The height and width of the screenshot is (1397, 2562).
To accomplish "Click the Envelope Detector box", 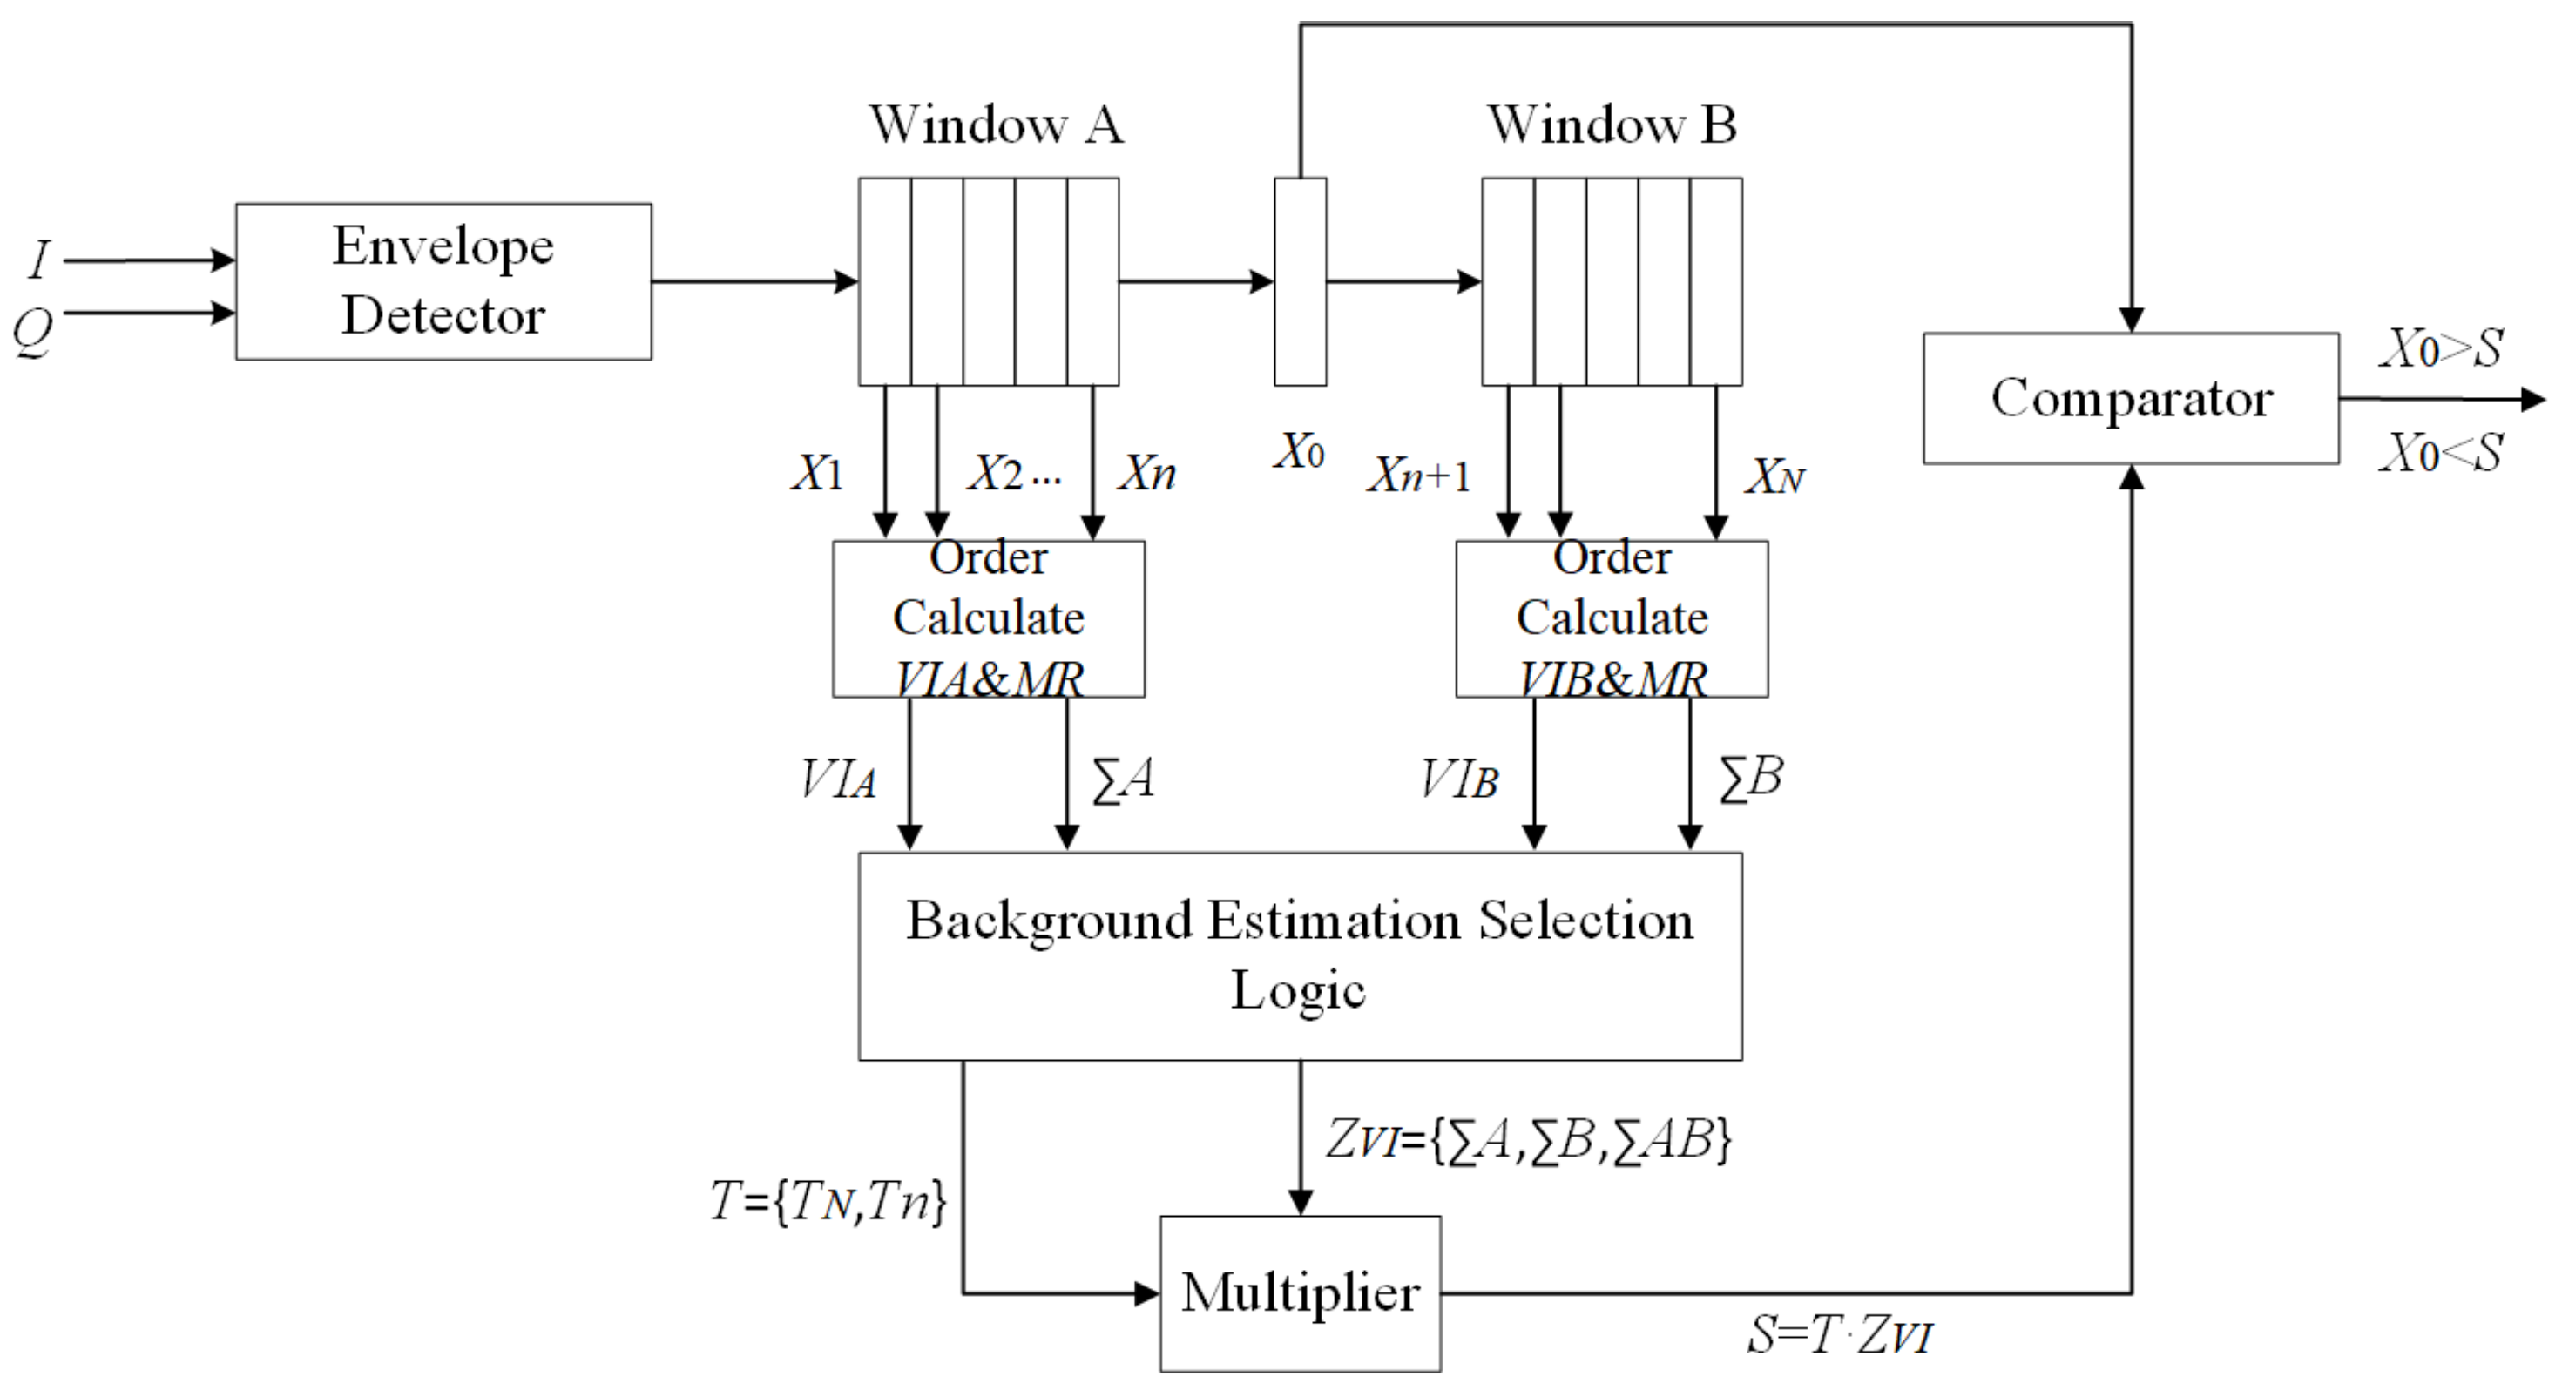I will click(x=443, y=281).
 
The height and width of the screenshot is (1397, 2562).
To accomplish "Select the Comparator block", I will click(x=2131, y=398).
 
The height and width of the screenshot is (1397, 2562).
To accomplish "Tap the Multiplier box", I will click(x=1300, y=1292).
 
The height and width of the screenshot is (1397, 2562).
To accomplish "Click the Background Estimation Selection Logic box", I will click(x=1300, y=955).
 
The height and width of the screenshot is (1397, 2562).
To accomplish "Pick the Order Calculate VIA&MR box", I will click(x=988, y=618).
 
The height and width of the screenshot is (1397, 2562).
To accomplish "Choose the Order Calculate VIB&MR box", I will click(x=1612, y=618).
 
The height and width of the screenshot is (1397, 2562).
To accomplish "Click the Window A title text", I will click(x=996, y=125).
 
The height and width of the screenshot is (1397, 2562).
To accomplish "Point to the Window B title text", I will click(x=1612, y=125).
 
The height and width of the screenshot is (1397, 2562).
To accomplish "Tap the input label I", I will click(x=40, y=260).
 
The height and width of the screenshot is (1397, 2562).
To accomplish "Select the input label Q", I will click(x=33, y=330).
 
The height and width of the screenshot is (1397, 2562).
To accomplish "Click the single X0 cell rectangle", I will click(x=1300, y=281).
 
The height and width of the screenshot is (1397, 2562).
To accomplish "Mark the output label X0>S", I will click(x=2441, y=349).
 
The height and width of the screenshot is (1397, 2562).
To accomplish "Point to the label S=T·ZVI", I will click(x=1840, y=1334).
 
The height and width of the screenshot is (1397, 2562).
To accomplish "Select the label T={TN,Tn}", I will click(x=828, y=1201).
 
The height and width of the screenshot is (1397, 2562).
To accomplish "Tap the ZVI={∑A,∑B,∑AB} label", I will click(x=1529, y=1139).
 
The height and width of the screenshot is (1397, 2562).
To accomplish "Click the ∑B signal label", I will click(x=1750, y=778).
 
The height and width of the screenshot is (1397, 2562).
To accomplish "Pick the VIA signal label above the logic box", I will click(x=838, y=779).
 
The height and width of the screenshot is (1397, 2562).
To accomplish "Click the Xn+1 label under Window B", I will click(x=1418, y=476).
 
